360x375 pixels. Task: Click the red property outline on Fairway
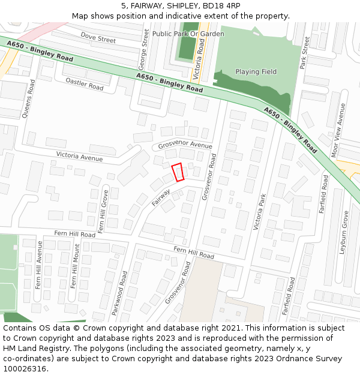178,172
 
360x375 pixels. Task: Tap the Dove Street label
98,38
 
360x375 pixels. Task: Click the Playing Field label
256,72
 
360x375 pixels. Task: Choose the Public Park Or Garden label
188,34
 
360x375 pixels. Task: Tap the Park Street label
304,53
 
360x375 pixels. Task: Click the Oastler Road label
85,83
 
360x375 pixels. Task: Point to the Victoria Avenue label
79,157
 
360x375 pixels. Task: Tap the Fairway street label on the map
161,197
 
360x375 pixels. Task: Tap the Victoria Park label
260,212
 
